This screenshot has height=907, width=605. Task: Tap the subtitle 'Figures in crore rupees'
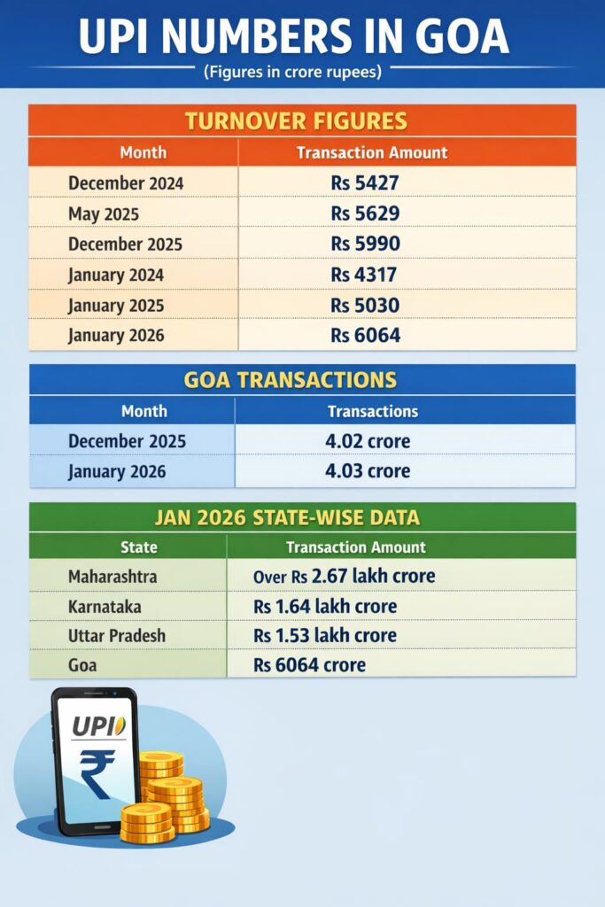pyautogui.click(x=292, y=72)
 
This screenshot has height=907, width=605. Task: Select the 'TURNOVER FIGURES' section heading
pyautogui.click(x=302, y=120)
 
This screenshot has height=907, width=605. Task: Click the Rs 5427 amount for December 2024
pyautogui.click(x=366, y=183)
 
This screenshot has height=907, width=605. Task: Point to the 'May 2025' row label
pyautogui.click(x=104, y=213)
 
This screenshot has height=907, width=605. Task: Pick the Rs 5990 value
pyautogui.click(x=366, y=244)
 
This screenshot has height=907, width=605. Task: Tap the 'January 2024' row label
pyautogui.click(x=116, y=275)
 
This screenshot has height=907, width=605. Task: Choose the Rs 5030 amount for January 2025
pyautogui.click(x=366, y=305)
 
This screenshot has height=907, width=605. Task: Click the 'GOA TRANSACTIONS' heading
pyautogui.click(x=290, y=380)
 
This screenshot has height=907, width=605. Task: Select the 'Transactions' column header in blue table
pyautogui.click(x=373, y=411)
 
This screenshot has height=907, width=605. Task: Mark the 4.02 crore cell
pyautogui.click(x=368, y=441)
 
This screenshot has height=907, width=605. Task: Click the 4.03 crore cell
pyautogui.click(x=368, y=471)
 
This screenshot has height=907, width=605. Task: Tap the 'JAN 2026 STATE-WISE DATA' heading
pyautogui.click(x=301, y=517)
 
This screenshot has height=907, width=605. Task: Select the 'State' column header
pyautogui.click(x=138, y=547)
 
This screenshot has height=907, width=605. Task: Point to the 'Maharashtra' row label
pyautogui.click(x=112, y=577)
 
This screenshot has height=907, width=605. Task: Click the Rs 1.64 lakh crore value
pyautogui.click(x=325, y=607)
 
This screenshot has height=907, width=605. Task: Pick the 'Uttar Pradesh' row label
pyautogui.click(x=116, y=636)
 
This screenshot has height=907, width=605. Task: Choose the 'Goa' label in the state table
pyautogui.click(x=82, y=665)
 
